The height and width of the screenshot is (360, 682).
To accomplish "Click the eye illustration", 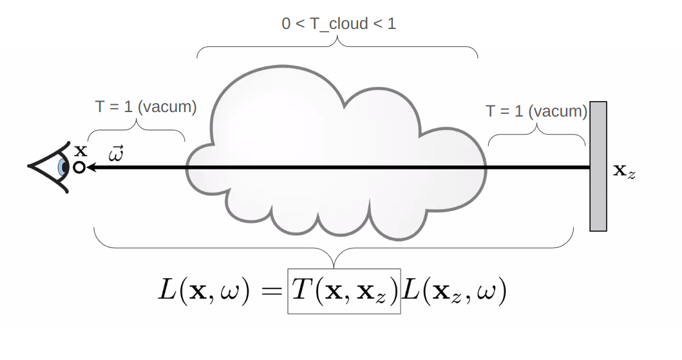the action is pos(49,167).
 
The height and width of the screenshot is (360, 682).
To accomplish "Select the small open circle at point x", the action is pos(79,167).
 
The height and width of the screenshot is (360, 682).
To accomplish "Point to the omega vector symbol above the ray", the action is pos(116,154).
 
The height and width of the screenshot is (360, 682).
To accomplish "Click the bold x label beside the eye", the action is pos(81,151).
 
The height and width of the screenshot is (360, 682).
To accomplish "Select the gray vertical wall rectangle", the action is pos(598,166).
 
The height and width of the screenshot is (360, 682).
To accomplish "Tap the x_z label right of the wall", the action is pos(624,171).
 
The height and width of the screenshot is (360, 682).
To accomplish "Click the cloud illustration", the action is pos(336,153).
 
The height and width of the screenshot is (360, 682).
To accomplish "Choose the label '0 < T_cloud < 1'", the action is pos(339,23).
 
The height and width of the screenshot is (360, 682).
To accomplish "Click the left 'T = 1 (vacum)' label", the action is pos(146,106).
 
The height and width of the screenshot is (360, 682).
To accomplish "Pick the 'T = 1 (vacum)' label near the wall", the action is pos(536,111).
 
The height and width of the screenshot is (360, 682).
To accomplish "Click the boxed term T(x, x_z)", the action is pos(344,291).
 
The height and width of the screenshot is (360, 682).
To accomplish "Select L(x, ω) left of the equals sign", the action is pos(204,290).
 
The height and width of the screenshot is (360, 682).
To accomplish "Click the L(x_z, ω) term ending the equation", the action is pos(454,290).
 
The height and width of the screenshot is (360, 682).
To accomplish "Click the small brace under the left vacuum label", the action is pos(136,130).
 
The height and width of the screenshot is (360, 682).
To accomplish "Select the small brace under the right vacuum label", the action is pos(536,135).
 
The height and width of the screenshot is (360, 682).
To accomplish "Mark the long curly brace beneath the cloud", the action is pos(334,247).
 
